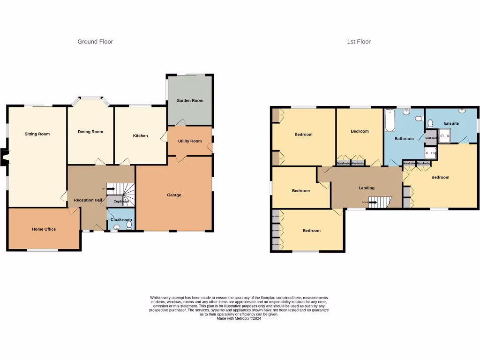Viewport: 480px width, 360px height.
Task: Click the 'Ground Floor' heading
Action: [x=95, y=42]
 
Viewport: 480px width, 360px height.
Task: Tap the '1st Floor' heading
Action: [x=359, y=42]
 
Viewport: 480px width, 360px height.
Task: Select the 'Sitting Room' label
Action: [x=37, y=134]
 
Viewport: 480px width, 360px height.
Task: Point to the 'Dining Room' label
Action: [x=90, y=132]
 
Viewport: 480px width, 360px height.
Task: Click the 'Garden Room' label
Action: [x=190, y=100]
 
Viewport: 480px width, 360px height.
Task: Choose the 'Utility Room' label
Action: [x=190, y=141]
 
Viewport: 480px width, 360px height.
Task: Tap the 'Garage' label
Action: [x=174, y=195]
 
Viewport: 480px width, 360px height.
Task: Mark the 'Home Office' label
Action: [x=44, y=229]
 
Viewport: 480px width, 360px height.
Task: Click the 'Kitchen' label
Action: [x=140, y=135]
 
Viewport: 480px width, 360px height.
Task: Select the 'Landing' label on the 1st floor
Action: [x=367, y=188]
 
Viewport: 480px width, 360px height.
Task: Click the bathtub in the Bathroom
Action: [x=390, y=120]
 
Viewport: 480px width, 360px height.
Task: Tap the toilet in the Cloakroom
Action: [x=128, y=225]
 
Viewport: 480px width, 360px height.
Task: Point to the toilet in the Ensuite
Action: [x=430, y=124]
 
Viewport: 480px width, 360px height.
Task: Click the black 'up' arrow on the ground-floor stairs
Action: [x=111, y=189]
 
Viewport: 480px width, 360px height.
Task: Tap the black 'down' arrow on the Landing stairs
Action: [x=373, y=202]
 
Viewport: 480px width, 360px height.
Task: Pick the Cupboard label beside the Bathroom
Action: [x=431, y=138]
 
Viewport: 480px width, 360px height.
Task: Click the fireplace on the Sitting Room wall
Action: [x=4, y=157]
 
